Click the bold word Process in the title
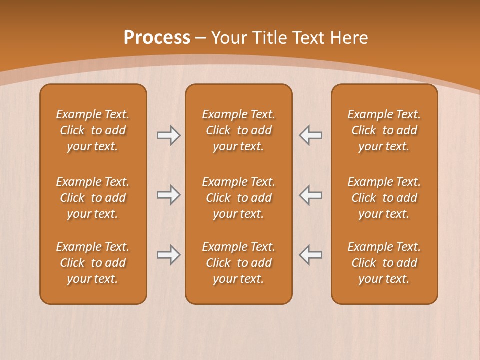pos(157,38)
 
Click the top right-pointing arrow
pos(168,135)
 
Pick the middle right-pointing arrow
pos(168,195)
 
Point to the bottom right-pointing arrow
pos(168,255)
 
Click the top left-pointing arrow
pos(311,135)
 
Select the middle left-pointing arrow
pos(311,195)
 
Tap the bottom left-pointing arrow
pos(311,255)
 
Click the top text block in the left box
pos(93,130)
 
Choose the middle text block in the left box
pos(93,198)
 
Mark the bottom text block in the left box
pos(93,263)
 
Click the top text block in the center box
pos(238,130)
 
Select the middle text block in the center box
pos(238,198)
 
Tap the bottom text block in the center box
pos(238,263)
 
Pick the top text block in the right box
pos(384,130)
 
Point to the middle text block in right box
pos(384,198)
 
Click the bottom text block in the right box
pos(384,263)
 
